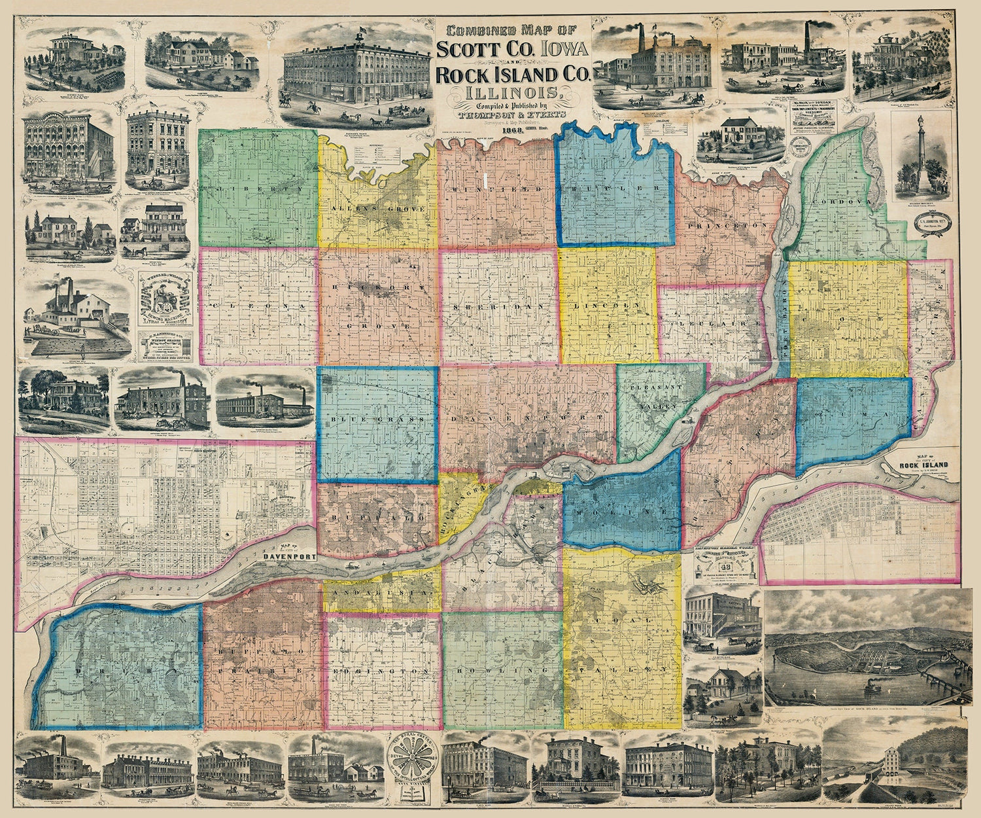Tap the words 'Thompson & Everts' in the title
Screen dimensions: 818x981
513,111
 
